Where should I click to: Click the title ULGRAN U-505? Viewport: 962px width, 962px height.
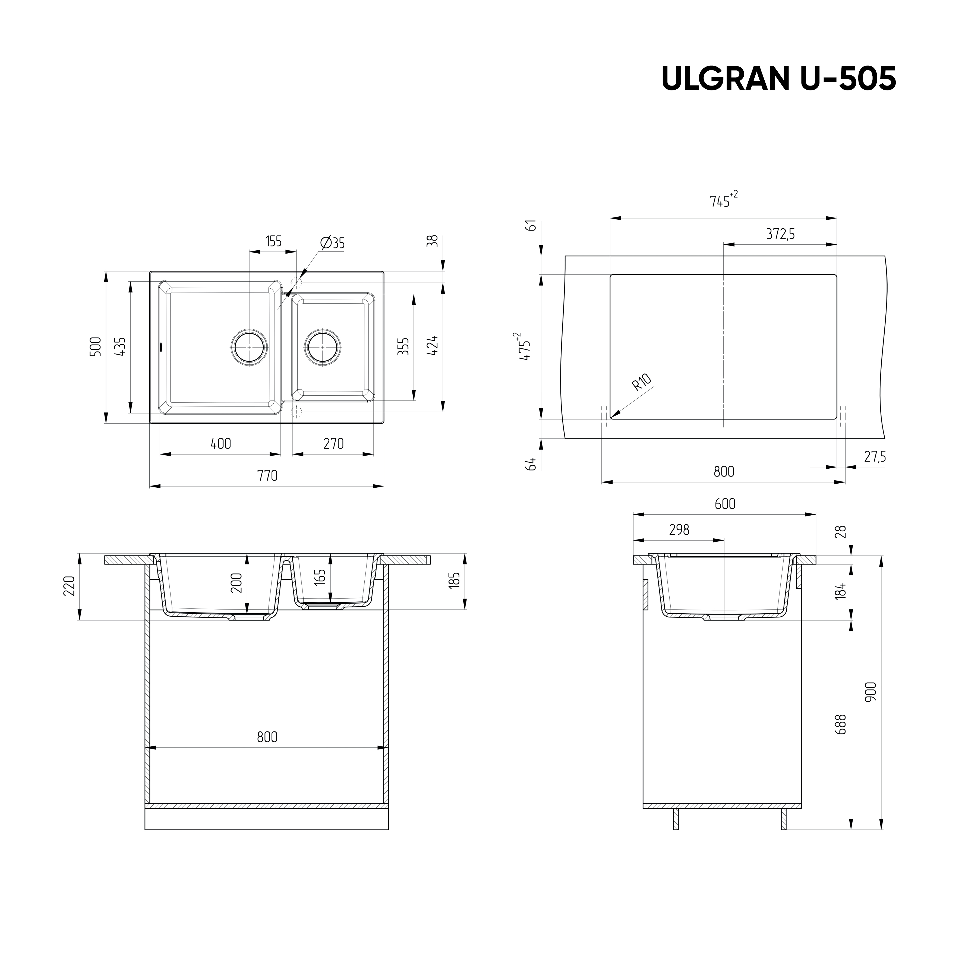[x=778, y=79]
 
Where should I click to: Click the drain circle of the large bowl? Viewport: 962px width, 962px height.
[x=249, y=347]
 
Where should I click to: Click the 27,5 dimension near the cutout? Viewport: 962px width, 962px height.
[x=875, y=457]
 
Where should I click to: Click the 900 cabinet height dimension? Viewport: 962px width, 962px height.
[x=870, y=692]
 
